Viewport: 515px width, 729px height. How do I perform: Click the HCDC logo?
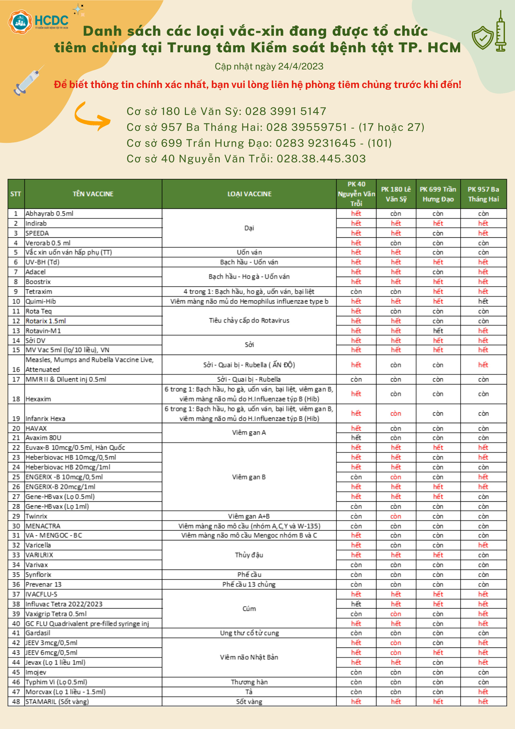pyautogui.click(x=38, y=21)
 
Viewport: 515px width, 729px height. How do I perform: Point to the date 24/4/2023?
pyautogui.click(x=300, y=67)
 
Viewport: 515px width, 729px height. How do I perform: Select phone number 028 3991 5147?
pyautogui.click(x=286, y=111)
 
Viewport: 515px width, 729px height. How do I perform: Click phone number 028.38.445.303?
pyautogui.click(x=321, y=159)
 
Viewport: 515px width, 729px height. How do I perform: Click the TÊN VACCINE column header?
pyautogui.click(x=93, y=194)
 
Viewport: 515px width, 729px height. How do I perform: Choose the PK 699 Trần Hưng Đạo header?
pyautogui.click(x=438, y=194)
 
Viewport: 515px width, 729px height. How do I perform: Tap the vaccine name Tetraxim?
pyautogui.click(x=39, y=292)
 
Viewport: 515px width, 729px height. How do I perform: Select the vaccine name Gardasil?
pyautogui.click(x=38, y=633)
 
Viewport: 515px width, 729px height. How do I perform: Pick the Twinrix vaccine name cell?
pyautogui.click(x=36, y=516)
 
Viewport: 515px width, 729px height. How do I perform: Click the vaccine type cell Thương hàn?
pyautogui.click(x=249, y=682)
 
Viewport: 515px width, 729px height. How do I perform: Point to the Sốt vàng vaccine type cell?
pyautogui.click(x=249, y=701)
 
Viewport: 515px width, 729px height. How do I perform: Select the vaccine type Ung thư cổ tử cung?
pyautogui.click(x=249, y=633)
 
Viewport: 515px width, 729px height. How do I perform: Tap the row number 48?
pyautogui.click(x=16, y=701)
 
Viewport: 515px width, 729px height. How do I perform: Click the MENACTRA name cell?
pyautogui.click(x=43, y=526)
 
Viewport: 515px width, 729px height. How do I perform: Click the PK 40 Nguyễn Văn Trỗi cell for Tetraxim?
pyautogui.click(x=356, y=292)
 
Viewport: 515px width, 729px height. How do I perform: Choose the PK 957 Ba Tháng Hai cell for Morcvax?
pyautogui.click(x=483, y=692)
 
